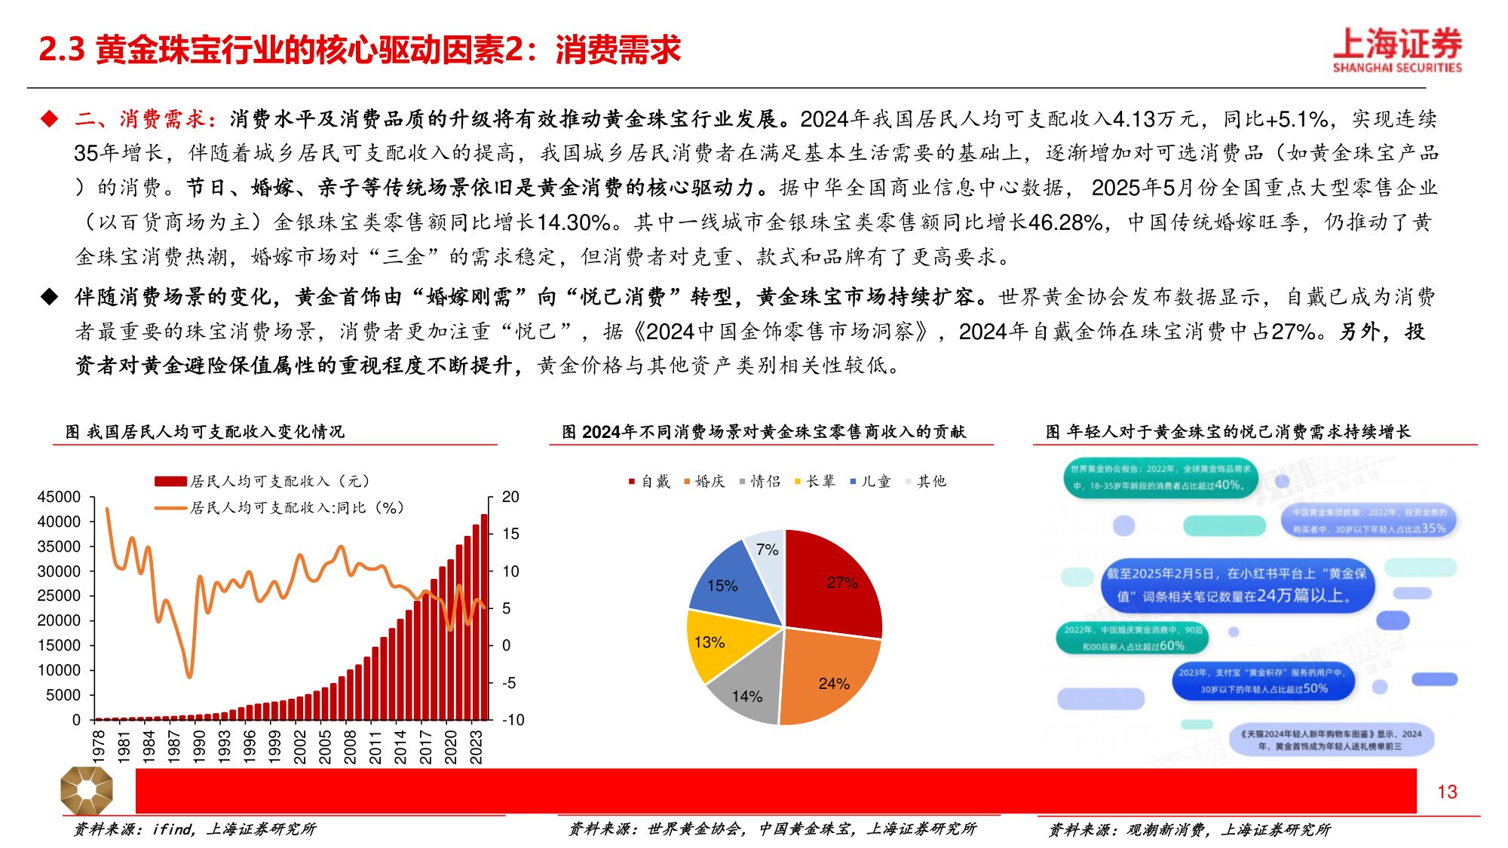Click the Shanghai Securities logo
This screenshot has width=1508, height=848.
[x=1397, y=50]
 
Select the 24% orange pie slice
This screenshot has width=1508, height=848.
[x=829, y=678]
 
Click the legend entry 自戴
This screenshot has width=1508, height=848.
[x=649, y=481]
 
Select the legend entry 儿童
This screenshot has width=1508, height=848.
[x=870, y=481]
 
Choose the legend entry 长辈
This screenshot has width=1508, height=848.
[x=815, y=481]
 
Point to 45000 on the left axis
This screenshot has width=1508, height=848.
[x=59, y=497]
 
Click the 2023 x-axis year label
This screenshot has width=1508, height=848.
[x=476, y=746]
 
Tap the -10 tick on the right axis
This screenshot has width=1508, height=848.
[x=513, y=720]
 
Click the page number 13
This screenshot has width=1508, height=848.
[x=1447, y=791]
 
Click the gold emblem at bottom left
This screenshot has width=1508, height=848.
[x=87, y=791]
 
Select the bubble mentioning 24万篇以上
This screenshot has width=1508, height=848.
[x=1237, y=585]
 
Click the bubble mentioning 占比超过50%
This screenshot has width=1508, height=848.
[x=1264, y=681]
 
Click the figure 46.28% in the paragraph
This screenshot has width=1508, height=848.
[x=1065, y=222]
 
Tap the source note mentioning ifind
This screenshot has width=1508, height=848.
[x=195, y=829]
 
